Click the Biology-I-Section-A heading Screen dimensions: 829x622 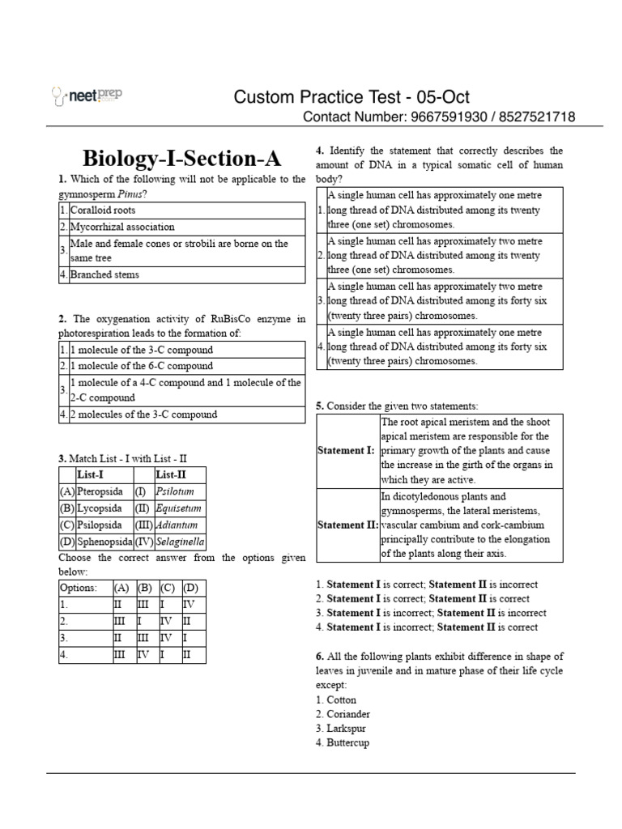point(181,157)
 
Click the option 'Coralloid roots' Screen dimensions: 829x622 point(103,210)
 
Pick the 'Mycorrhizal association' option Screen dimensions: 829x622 point(121,227)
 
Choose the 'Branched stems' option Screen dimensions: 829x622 point(104,274)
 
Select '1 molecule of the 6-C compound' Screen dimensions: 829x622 point(130,366)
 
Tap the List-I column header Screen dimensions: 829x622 point(91,474)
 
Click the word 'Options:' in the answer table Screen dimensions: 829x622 point(78,589)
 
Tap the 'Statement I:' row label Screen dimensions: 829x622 point(346,449)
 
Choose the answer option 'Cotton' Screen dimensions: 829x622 point(341,699)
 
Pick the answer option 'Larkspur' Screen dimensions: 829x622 point(347,729)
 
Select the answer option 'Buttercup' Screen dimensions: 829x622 point(347,743)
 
